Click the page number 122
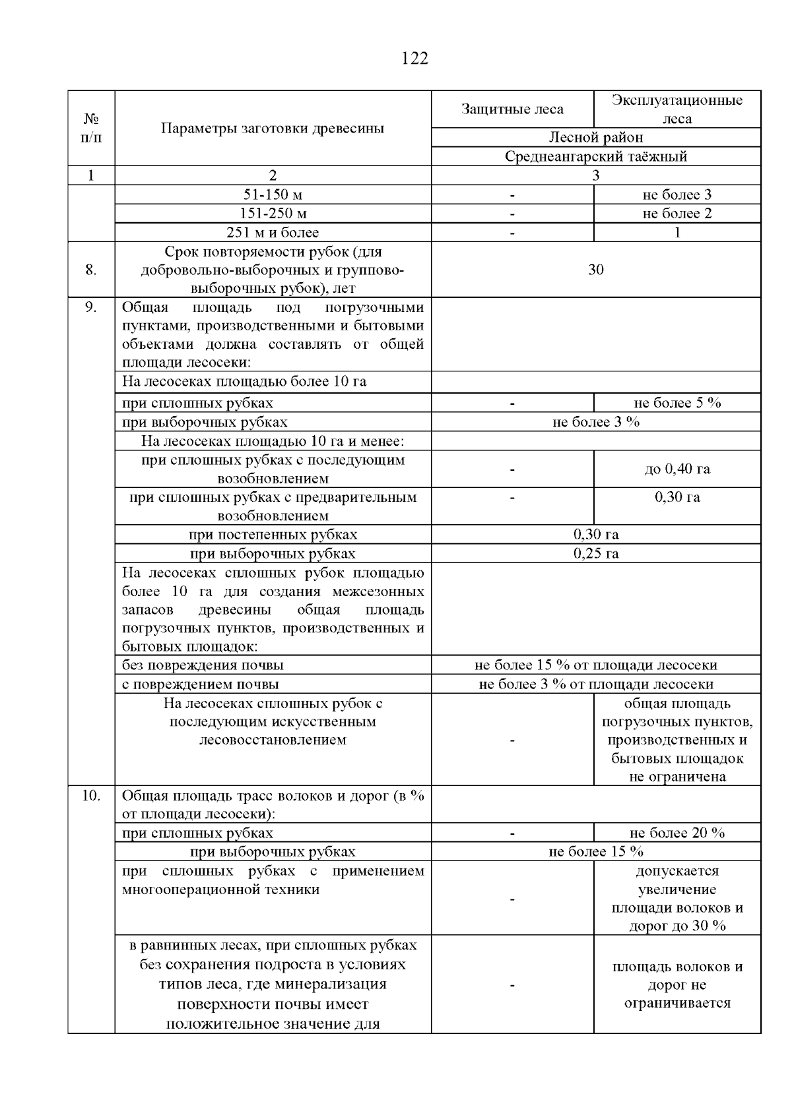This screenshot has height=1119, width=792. pos(414,59)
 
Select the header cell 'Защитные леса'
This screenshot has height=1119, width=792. pos(512,109)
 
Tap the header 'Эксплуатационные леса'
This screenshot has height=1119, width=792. pos(676,109)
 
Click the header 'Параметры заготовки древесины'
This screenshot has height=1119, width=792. pos(273,128)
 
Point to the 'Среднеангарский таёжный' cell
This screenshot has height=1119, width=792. pos(595,156)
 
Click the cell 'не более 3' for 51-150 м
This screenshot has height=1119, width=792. pos(676,195)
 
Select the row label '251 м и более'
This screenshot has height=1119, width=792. pos(273,232)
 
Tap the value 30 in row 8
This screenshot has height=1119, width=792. pos(595,269)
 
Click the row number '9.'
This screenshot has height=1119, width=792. pos(91,307)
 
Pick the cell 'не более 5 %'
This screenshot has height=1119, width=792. pos(676,403)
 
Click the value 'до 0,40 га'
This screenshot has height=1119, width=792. pos(676,469)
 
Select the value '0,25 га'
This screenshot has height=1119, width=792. pos(595,553)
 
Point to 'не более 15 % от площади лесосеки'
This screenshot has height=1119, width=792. pos(595,665)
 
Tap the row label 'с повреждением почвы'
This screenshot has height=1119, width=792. pos(201,684)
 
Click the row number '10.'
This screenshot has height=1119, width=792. pos(91,795)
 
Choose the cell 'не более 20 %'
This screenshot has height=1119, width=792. pos(676,833)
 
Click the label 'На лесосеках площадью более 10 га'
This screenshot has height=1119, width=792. pos(244,381)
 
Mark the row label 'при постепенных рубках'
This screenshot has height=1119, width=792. pos(273,534)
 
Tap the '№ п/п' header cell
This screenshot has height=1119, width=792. pos(91,128)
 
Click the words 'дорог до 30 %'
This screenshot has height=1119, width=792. pos(676,925)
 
